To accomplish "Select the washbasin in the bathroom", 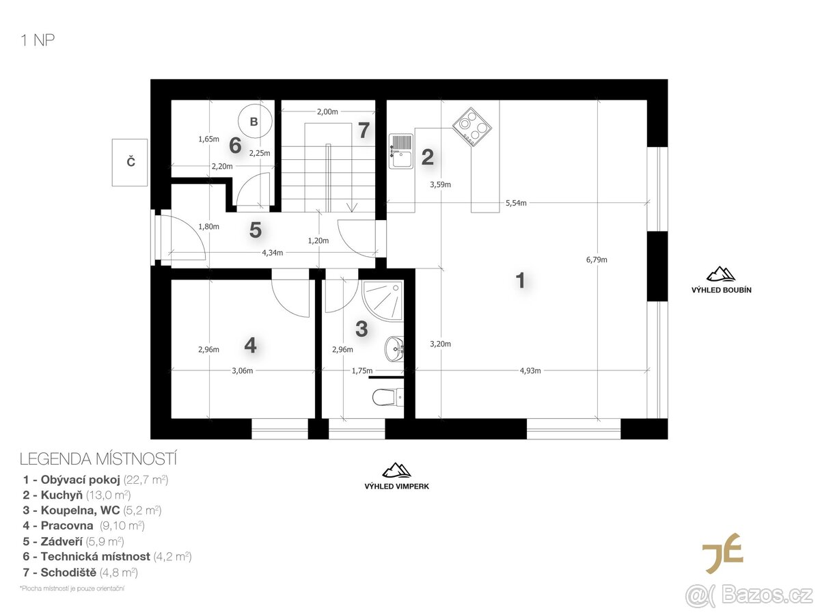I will point(395,348).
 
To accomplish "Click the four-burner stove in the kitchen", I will point(472,126).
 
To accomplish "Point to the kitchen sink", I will point(400,150).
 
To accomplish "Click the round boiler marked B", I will point(254,122).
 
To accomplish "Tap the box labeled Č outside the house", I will point(131,162).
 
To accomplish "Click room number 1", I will point(520,280).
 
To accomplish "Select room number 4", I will point(250,346).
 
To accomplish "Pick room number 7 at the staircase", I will point(363,130).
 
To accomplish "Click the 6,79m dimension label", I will point(597,259).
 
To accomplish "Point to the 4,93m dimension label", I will point(530,371).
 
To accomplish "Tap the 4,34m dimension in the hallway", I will point(273,253).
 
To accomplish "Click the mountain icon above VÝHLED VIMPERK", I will point(396,470).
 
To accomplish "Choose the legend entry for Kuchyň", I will point(77,495).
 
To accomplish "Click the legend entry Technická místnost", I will point(107,556).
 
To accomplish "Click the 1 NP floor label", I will point(38,40).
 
